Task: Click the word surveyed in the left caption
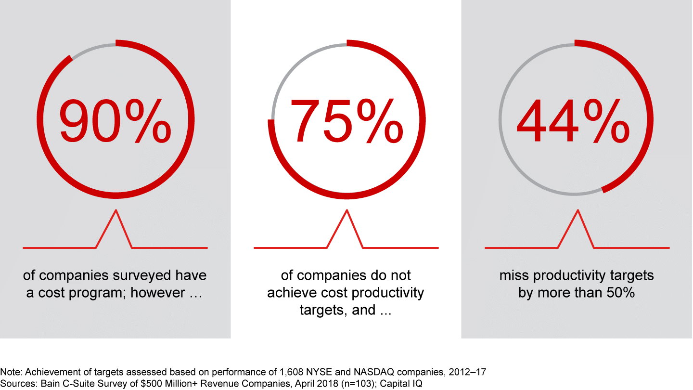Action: click(x=146, y=275)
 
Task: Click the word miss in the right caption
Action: click(x=513, y=275)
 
